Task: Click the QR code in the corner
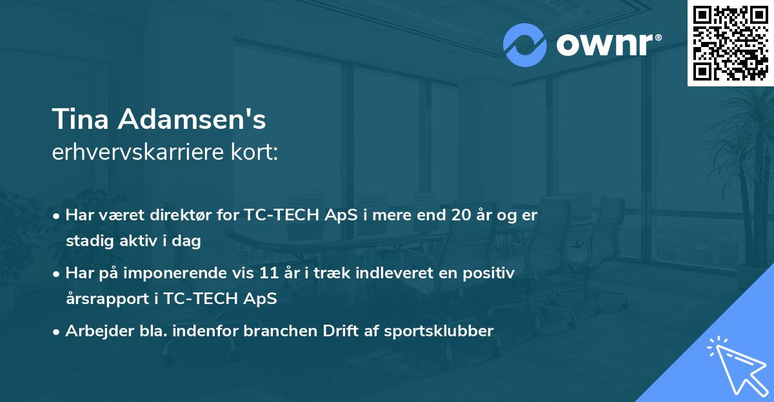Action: (730, 43)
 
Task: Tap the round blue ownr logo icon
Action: (525, 45)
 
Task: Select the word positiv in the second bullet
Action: (492, 273)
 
